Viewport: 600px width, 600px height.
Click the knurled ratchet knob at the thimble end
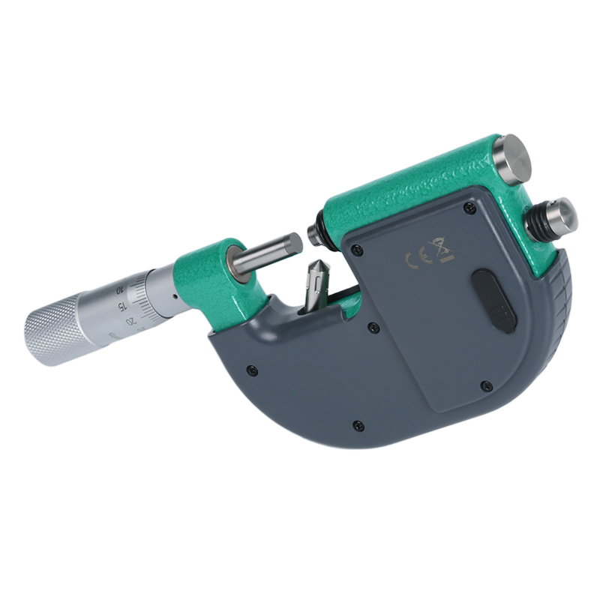56,330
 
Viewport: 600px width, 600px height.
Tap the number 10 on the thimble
118,289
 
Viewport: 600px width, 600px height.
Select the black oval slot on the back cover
494,301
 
